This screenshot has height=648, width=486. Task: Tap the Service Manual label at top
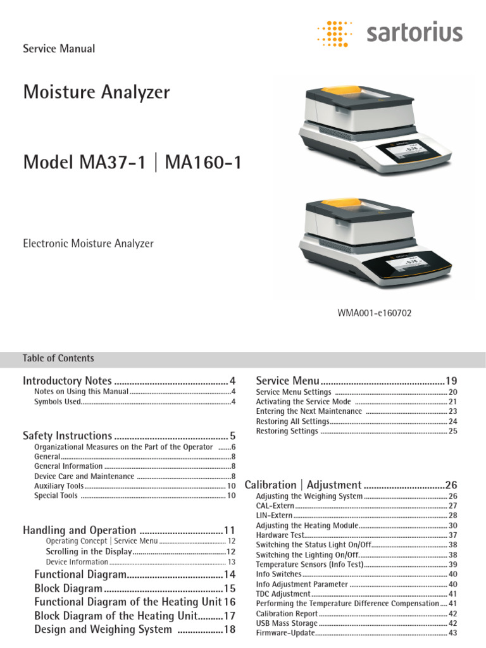(x=59, y=49)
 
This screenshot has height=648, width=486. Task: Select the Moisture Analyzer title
(x=96, y=92)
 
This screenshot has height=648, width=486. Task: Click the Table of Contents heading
(x=58, y=358)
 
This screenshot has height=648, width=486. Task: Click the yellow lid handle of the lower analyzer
(x=347, y=204)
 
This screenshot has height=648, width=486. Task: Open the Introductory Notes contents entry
(x=67, y=381)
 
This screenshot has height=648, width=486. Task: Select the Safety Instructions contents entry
(x=67, y=435)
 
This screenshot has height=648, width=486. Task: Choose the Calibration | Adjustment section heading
(x=303, y=485)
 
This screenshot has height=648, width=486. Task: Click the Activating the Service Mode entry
(x=303, y=402)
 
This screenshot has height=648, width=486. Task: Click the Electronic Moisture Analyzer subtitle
(x=88, y=243)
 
